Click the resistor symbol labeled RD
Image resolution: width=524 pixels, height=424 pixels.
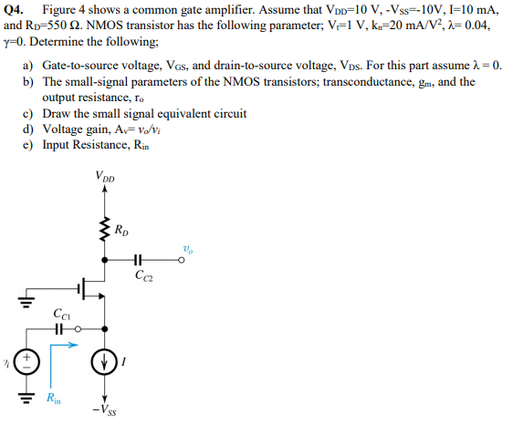(x=103, y=232)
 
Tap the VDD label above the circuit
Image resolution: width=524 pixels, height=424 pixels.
(x=105, y=177)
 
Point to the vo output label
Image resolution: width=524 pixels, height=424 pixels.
(x=187, y=248)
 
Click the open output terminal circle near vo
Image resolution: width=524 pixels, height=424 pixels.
(x=183, y=260)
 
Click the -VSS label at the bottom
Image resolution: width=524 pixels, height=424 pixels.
(x=103, y=410)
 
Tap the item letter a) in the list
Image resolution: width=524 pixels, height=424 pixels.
(x=27, y=67)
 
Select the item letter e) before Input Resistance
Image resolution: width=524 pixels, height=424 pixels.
(x=27, y=144)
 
